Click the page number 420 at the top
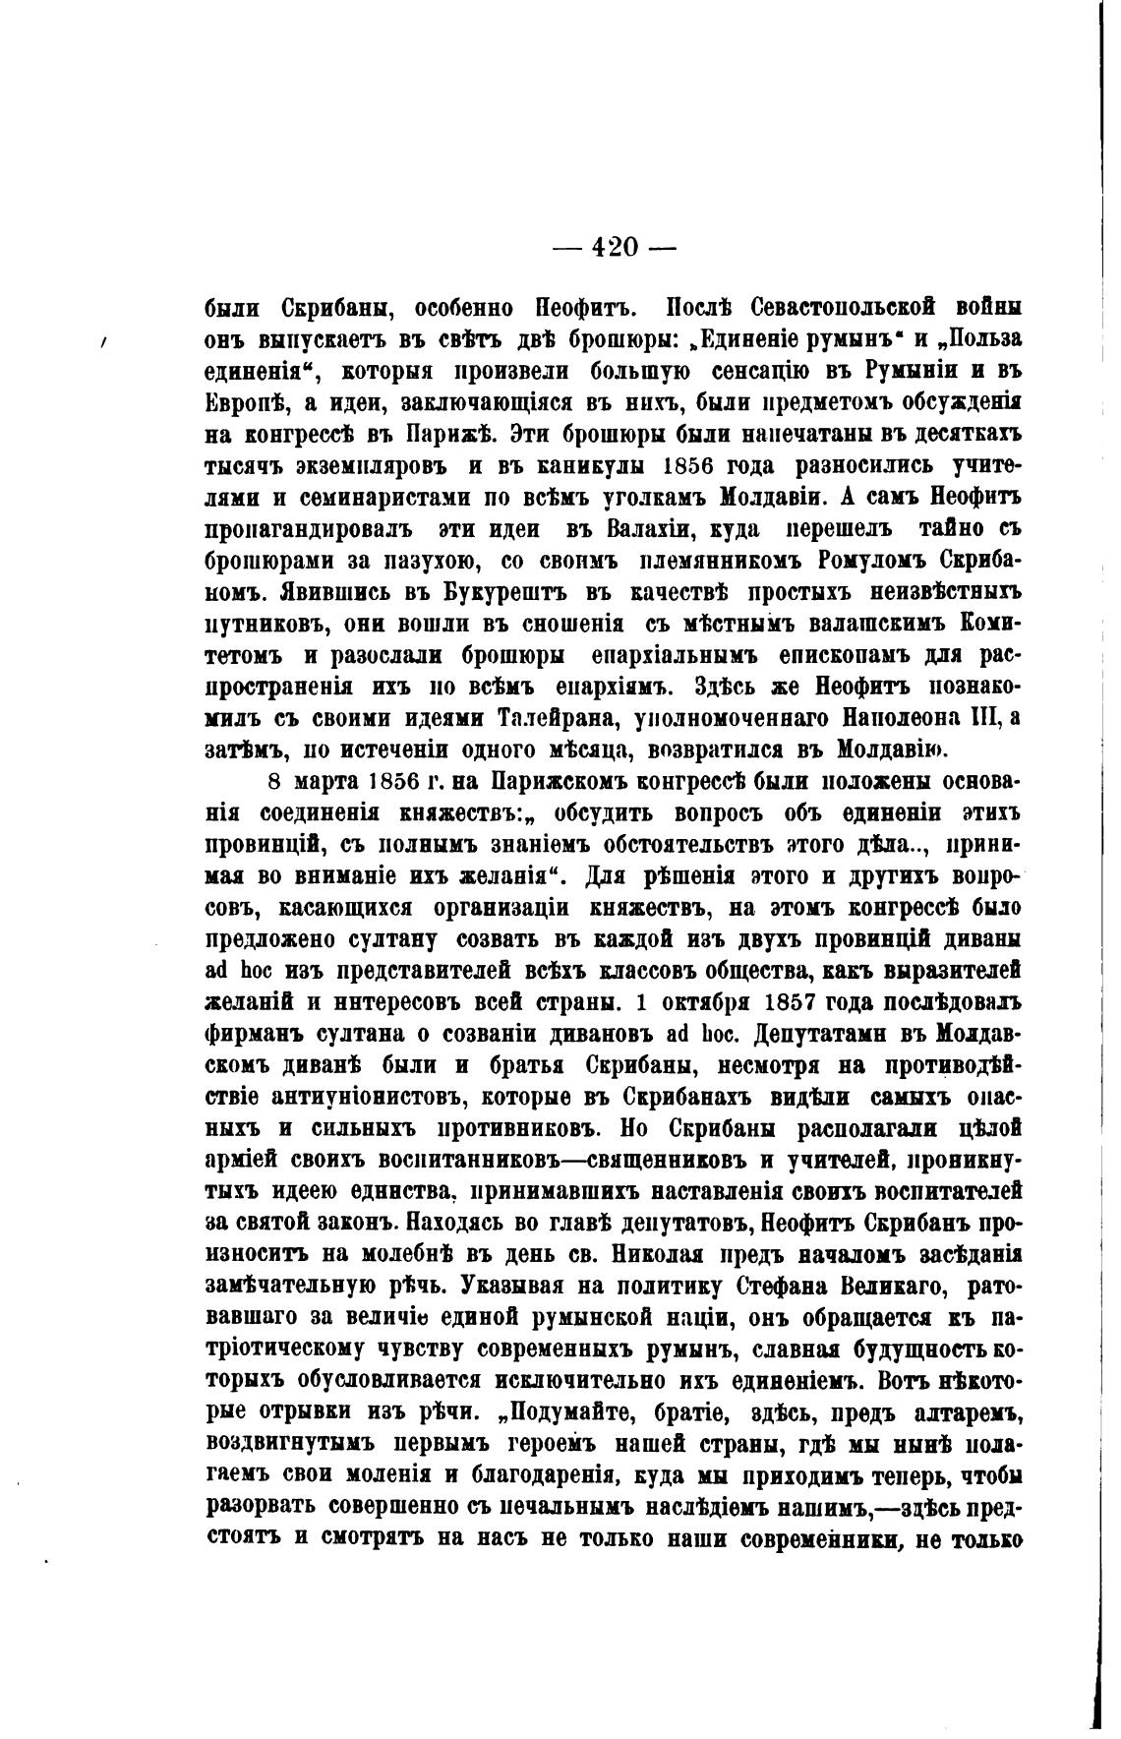(615, 247)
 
